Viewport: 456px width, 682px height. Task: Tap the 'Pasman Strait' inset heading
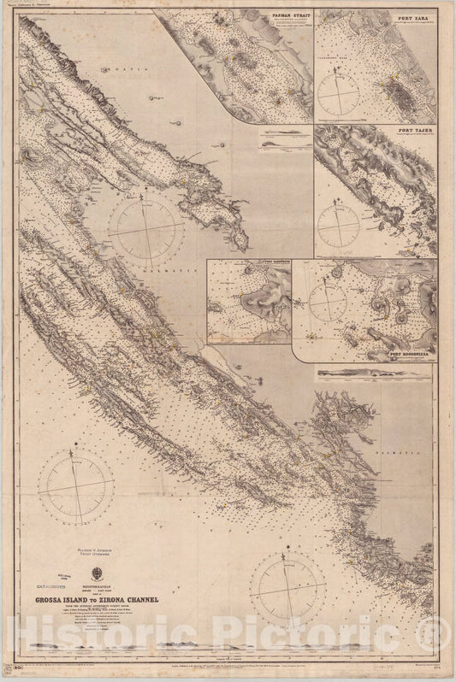[283, 16]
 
